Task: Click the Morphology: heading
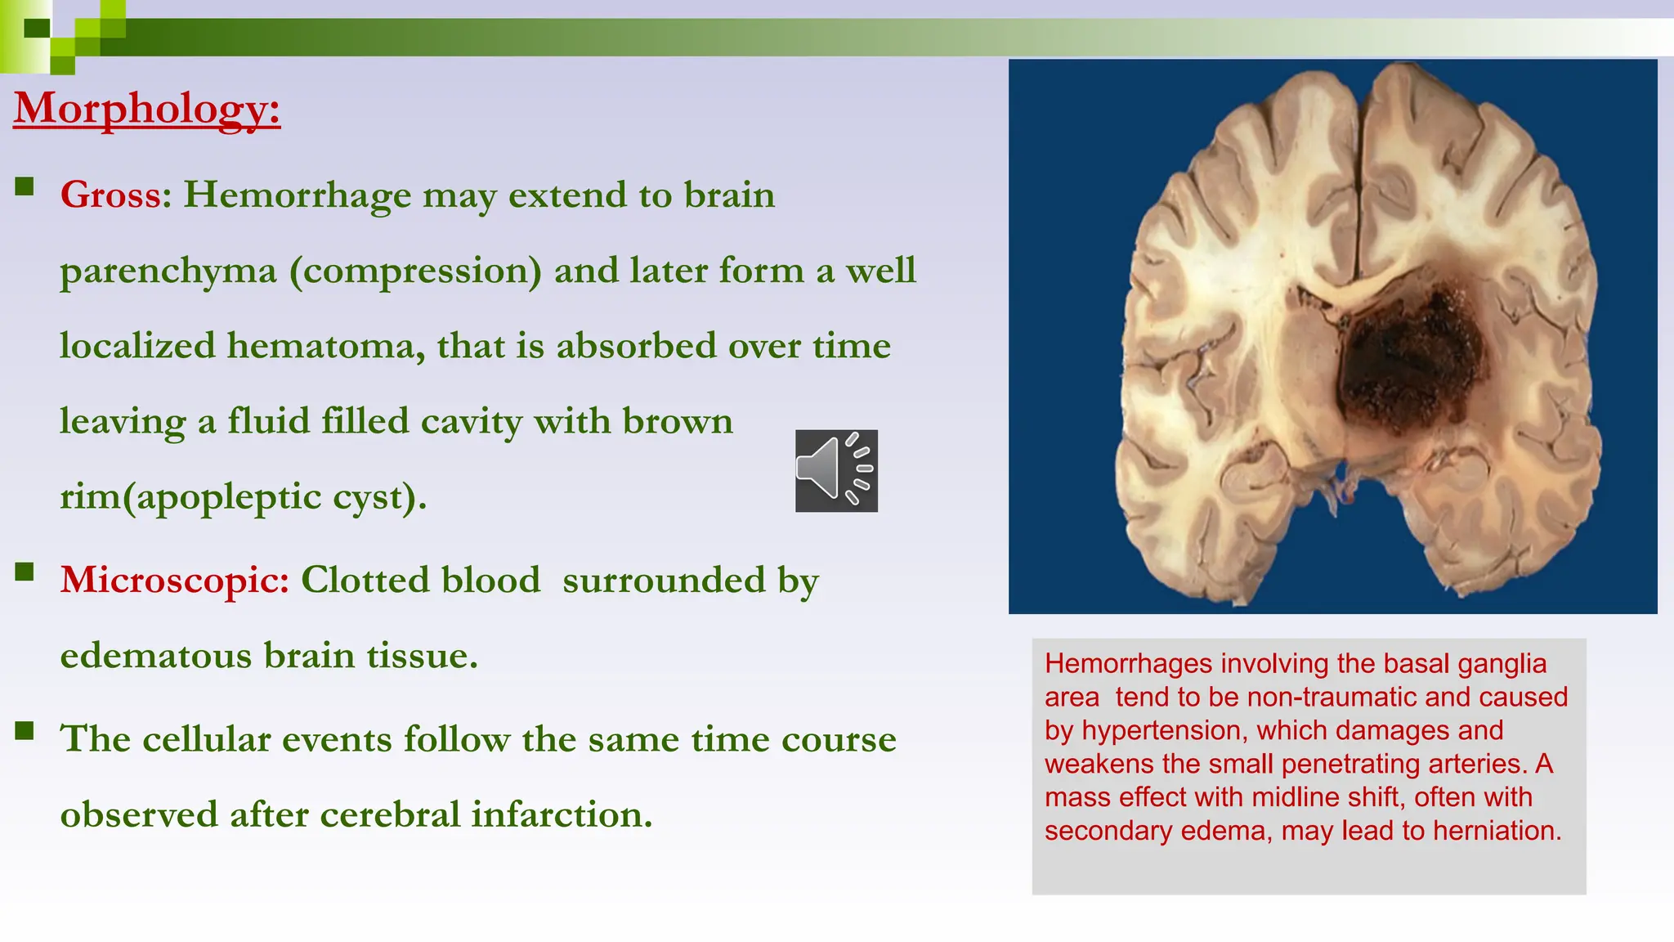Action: pos(147,108)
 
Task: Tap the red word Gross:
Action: pos(115,195)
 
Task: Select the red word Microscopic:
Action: pos(174,581)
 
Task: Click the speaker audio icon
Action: pos(836,471)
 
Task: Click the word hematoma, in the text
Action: pos(325,347)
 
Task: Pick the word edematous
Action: pos(155,657)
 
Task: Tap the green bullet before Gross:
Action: pos(25,187)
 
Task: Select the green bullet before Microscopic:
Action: pos(25,571)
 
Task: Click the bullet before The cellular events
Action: pos(25,730)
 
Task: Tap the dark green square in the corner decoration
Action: pos(37,29)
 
